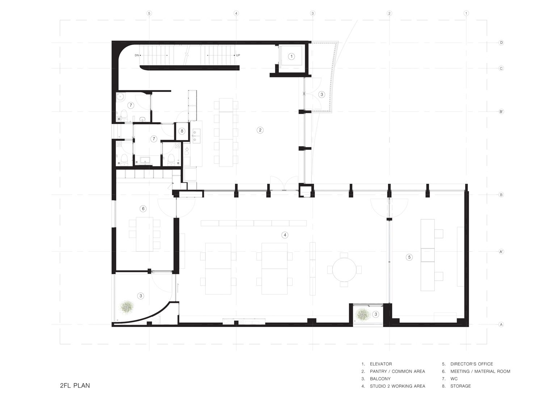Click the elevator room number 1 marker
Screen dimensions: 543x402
pyautogui.click(x=291, y=56)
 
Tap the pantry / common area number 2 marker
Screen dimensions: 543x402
pyautogui.click(x=260, y=130)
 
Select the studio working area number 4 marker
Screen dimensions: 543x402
pyautogui.click(x=285, y=235)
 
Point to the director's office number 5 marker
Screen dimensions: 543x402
pyautogui.click(x=409, y=257)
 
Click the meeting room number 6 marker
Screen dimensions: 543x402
pyautogui.click(x=143, y=209)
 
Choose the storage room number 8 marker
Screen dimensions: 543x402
pyautogui.click(x=182, y=131)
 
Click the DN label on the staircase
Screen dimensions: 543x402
pyautogui.click(x=136, y=55)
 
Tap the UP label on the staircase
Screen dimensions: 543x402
pyautogui.click(x=238, y=55)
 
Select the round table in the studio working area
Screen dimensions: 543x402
pyautogui.click(x=344, y=270)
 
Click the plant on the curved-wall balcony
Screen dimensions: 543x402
pyautogui.click(x=127, y=307)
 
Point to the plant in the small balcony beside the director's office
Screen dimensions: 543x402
pyautogui.click(x=362, y=315)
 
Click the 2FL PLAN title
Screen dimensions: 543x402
pyautogui.click(x=75, y=386)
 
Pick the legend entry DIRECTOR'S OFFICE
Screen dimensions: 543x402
pyautogui.click(x=472, y=364)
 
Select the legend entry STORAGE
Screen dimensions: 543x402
pyautogui.click(x=460, y=386)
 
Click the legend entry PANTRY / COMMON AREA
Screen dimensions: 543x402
pyautogui.click(x=397, y=371)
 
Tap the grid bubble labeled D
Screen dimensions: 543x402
pyautogui.click(x=501, y=43)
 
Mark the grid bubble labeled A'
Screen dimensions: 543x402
pyautogui.click(x=501, y=252)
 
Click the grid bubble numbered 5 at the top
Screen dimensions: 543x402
pyautogui.click(x=149, y=13)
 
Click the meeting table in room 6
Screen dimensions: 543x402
pyautogui.click(x=144, y=234)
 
